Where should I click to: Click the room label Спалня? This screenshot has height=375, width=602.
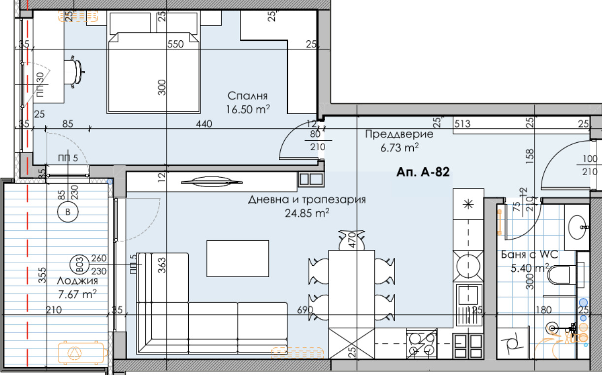pyautogui.click(x=243, y=95)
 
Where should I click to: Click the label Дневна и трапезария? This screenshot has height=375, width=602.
pyautogui.click(x=307, y=200)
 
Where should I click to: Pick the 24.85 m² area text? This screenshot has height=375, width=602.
pyautogui.click(x=307, y=213)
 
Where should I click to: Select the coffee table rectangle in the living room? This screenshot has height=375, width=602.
pyautogui.click(x=238, y=258)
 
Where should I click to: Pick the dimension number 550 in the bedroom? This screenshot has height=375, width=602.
pyautogui.click(x=175, y=44)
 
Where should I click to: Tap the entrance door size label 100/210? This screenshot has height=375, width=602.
pyautogui.click(x=589, y=165)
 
